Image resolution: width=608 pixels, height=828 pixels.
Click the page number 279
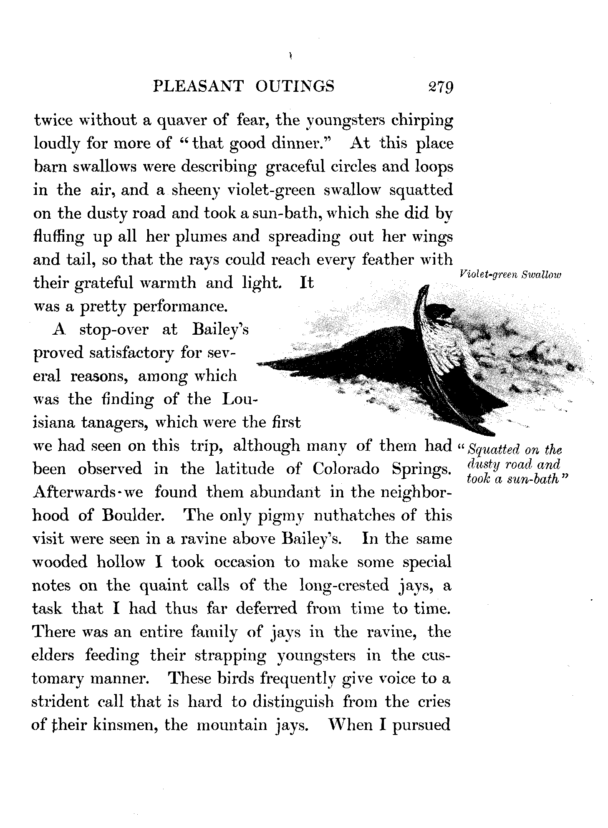click(438, 87)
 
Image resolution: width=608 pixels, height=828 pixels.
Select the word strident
click(60, 702)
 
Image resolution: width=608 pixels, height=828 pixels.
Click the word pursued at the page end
click(422, 726)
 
